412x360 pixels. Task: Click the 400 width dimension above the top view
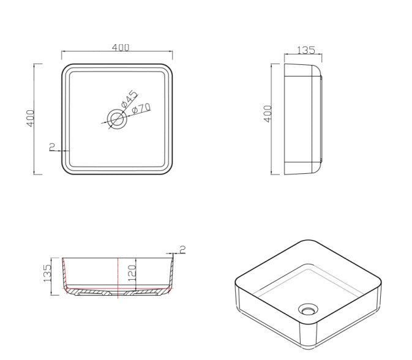pos(121,48)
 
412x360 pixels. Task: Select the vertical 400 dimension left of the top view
pos(31,118)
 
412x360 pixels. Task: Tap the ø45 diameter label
pos(130,99)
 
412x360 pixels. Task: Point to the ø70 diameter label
pos(141,108)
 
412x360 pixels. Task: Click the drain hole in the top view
pos(117,119)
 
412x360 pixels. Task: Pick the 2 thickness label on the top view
pos(52,147)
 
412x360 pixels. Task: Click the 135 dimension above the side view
pos(306,50)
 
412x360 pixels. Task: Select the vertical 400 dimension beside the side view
pos(268,114)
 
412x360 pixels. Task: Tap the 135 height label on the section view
pos(47,273)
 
